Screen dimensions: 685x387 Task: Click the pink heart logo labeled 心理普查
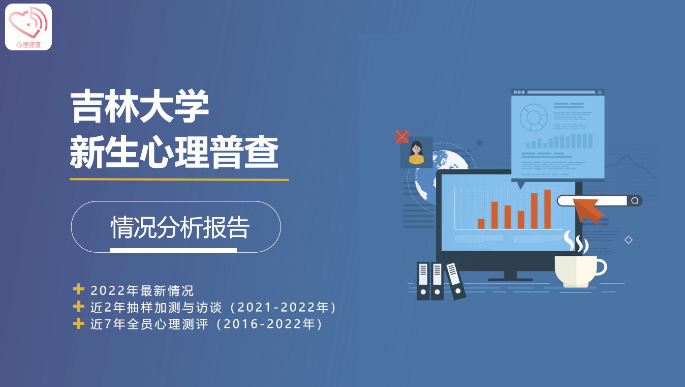coord(28,27)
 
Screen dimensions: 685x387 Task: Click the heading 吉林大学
coord(140,106)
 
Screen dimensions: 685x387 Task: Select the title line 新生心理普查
coord(174,152)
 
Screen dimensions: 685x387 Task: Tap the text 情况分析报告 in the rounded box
coord(180,227)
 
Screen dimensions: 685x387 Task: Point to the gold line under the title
coord(179,180)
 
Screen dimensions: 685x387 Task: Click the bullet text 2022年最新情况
coord(142,291)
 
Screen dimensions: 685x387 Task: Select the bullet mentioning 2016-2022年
coord(207,324)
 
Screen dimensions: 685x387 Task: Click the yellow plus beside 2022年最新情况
coord(79,289)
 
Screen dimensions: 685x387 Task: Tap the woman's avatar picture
coord(417,153)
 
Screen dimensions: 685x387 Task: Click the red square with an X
coord(402,137)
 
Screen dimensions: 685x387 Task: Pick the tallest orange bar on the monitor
coord(547,209)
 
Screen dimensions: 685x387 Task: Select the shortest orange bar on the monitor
coord(481,224)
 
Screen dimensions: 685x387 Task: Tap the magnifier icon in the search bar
coord(635,201)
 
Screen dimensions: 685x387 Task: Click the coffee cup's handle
coord(601,267)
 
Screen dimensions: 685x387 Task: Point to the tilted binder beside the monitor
coord(455,281)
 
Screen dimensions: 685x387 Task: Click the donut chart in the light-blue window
coord(534,117)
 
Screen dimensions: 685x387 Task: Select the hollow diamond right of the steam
coord(629,240)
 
